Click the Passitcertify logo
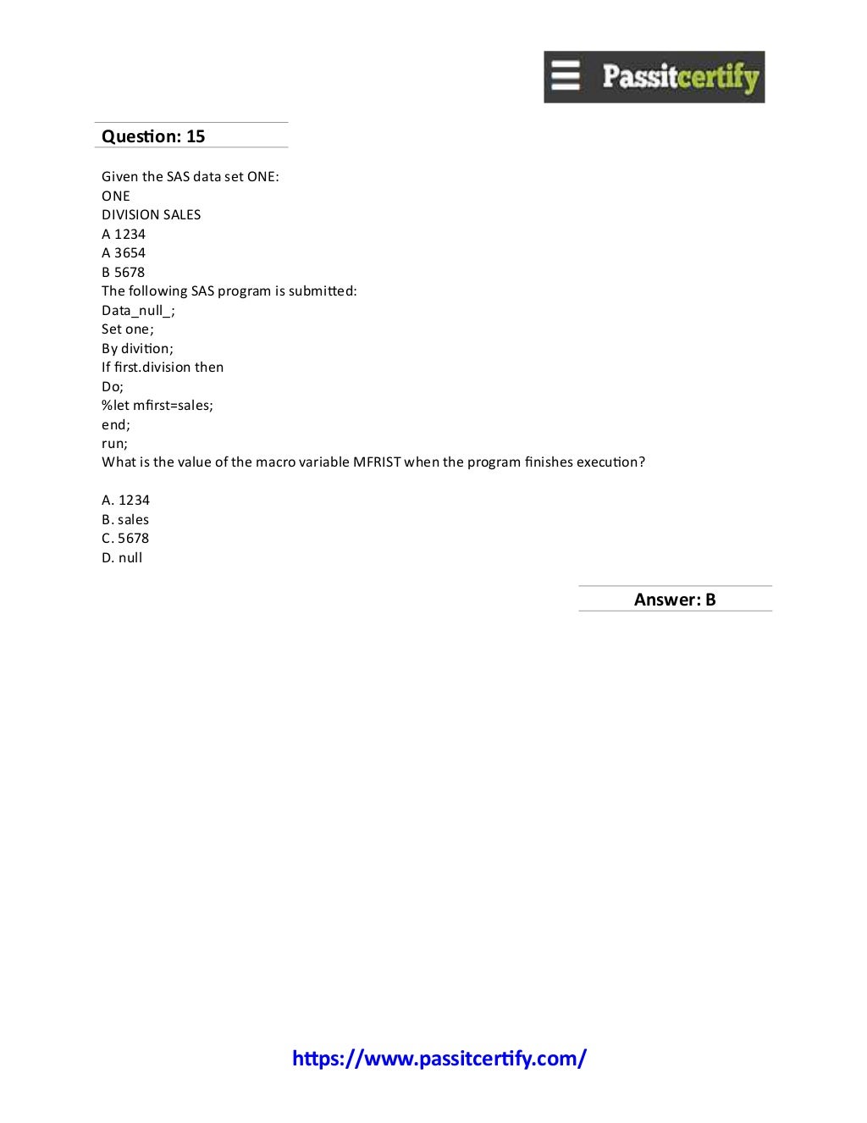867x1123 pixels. point(654,77)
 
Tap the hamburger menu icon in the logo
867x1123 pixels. point(566,75)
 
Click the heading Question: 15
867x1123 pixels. point(153,136)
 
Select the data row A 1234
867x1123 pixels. point(124,235)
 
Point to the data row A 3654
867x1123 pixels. point(124,253)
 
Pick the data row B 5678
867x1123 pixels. point(124,273)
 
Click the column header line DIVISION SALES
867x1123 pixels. point(152,215)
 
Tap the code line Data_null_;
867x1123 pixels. point(138,311)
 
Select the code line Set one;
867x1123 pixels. point(128,329)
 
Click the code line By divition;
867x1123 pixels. point(137,349)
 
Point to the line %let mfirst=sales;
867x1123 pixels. point(157,406)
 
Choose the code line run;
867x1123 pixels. point(114,444)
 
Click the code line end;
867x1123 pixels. point(116,425)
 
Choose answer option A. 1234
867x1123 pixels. point(125,501)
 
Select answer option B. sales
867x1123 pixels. point(125,520)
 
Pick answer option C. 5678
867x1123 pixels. point(125,539)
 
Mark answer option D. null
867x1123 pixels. point(122,558)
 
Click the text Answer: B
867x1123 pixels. point(675,600)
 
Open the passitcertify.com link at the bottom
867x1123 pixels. point(439,1059)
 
